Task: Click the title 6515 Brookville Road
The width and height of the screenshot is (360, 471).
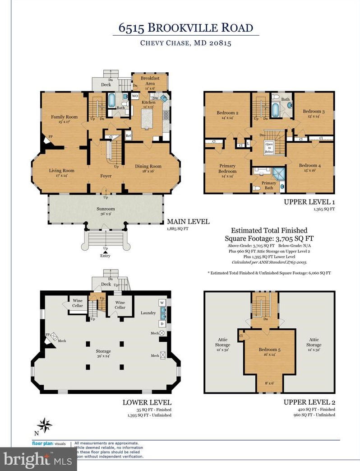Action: point(186,28)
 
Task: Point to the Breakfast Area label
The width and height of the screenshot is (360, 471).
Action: point(150,80)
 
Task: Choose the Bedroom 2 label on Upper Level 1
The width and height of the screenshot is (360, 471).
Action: point(227,115)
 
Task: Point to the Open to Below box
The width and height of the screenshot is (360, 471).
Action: point(269,148)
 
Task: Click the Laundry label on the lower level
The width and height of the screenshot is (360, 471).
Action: point(148,312)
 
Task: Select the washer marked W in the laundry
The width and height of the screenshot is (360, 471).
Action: point(162,302)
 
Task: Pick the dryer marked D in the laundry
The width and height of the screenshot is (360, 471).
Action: point(162,324)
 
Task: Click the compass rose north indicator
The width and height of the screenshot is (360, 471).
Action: point(45,425)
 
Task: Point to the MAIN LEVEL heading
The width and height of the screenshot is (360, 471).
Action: point(188,222)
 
